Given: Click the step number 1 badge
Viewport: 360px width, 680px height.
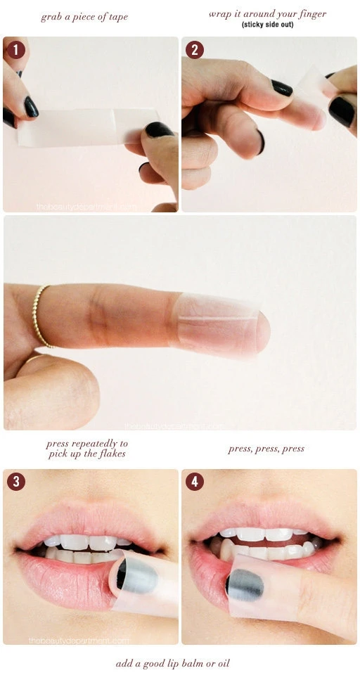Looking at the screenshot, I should [x=15, y=50].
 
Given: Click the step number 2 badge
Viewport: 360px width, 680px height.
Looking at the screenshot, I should [x=194, y=50].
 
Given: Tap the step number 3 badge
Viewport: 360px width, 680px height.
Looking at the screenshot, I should [x=15, y=482].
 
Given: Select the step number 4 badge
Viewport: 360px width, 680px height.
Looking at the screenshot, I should [x=194, y=482].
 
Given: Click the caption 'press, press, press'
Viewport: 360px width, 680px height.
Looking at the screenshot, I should [x=266, y=449].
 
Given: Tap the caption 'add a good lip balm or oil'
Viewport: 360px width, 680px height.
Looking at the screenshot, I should [x=172, y=663].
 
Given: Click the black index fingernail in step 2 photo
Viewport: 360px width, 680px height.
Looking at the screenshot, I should [x=281, y=88].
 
